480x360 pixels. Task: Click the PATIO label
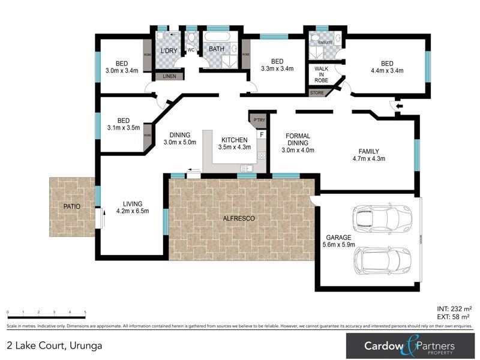[71, 206]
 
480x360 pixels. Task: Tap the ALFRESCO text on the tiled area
[239, 219]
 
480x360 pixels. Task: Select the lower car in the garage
[382, 260]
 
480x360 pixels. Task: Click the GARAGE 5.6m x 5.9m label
[340, 241]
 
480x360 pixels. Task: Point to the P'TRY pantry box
[259, 120]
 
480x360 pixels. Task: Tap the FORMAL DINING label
[297, 143]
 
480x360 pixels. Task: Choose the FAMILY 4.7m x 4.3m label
[368, 155]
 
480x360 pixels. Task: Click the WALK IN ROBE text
[322, 74]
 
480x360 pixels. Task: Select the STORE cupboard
[316, 93]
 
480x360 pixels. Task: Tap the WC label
[191, 50]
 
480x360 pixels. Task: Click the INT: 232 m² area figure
[452, 308]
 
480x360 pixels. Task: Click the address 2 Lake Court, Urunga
[55, 346]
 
